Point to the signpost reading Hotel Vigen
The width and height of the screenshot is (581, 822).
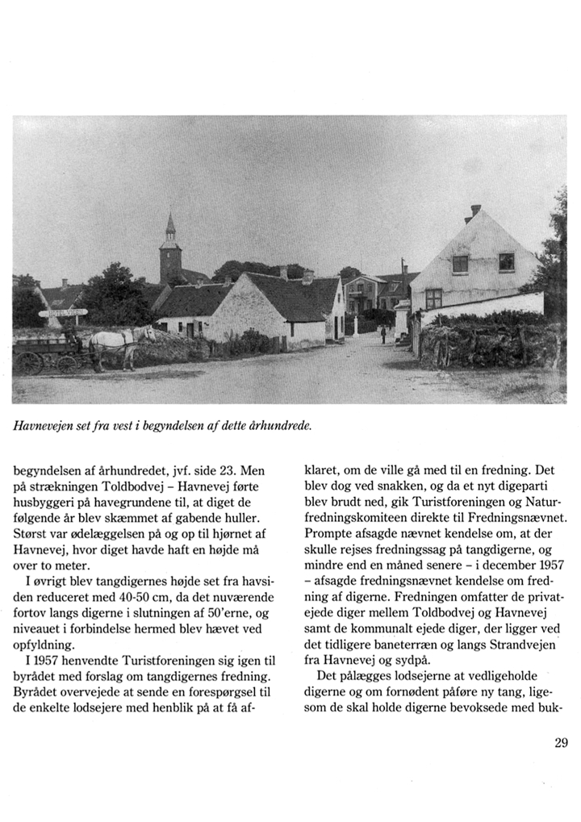click(x=63, y=312)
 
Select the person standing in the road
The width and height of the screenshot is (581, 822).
click(x=383, y=333)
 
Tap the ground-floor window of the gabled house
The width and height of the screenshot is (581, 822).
click(x=434, y=298)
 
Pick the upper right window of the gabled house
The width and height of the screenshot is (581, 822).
click(x=506, y=261)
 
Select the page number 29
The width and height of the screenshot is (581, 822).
click(x=562, y=743)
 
